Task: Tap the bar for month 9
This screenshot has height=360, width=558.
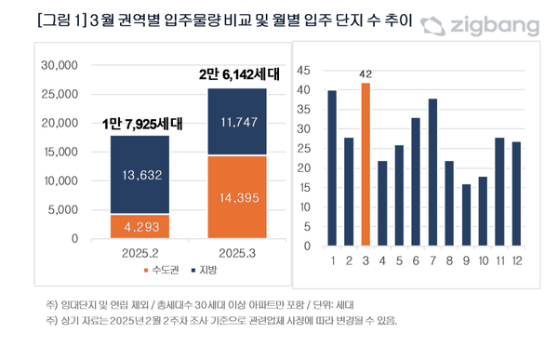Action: pos(466,211)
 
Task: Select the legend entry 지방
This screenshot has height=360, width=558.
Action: pos(206,270)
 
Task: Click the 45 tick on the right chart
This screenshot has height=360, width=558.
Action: pos(303,70)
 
